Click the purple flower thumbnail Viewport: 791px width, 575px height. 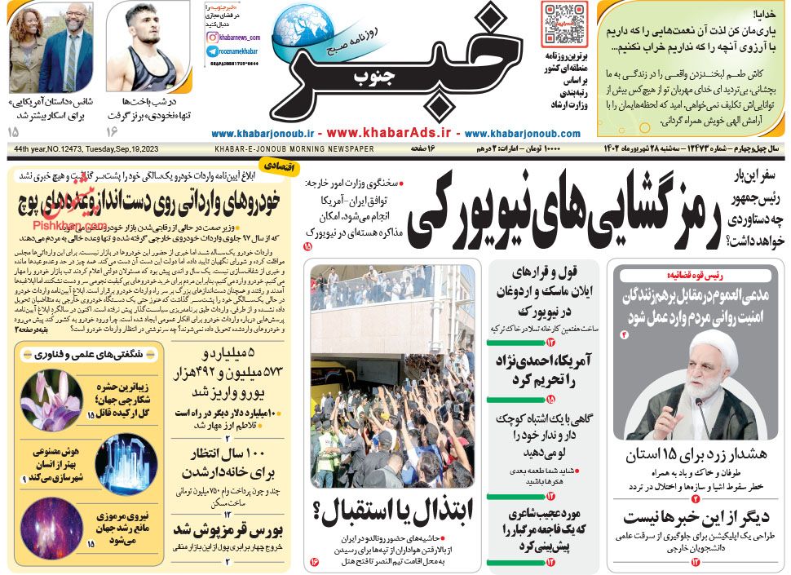pyautogui.click(x=51, y=400)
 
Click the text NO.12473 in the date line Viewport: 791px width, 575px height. pyautogui.click(x=69, y=149)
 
